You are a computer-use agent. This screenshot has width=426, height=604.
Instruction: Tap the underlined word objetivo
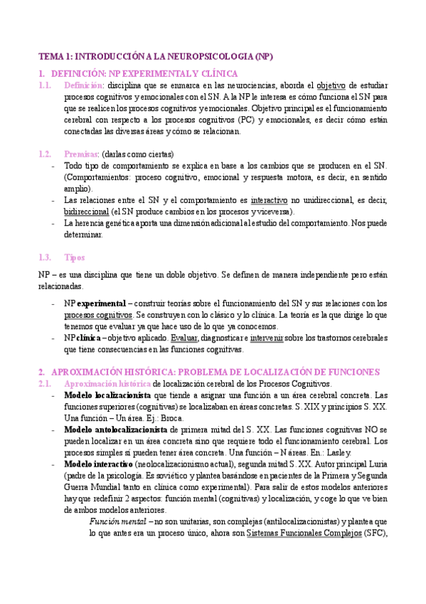coord(331,85)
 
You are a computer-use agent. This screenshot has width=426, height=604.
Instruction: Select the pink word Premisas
coord(81,154)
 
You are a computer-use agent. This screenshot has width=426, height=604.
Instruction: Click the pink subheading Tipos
coord(74,257)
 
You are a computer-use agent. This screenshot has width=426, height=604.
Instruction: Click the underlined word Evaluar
coord(185,338)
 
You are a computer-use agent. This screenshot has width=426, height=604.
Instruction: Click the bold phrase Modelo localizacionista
coord(107,395)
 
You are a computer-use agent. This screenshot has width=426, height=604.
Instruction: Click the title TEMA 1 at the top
coord(156,56)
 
